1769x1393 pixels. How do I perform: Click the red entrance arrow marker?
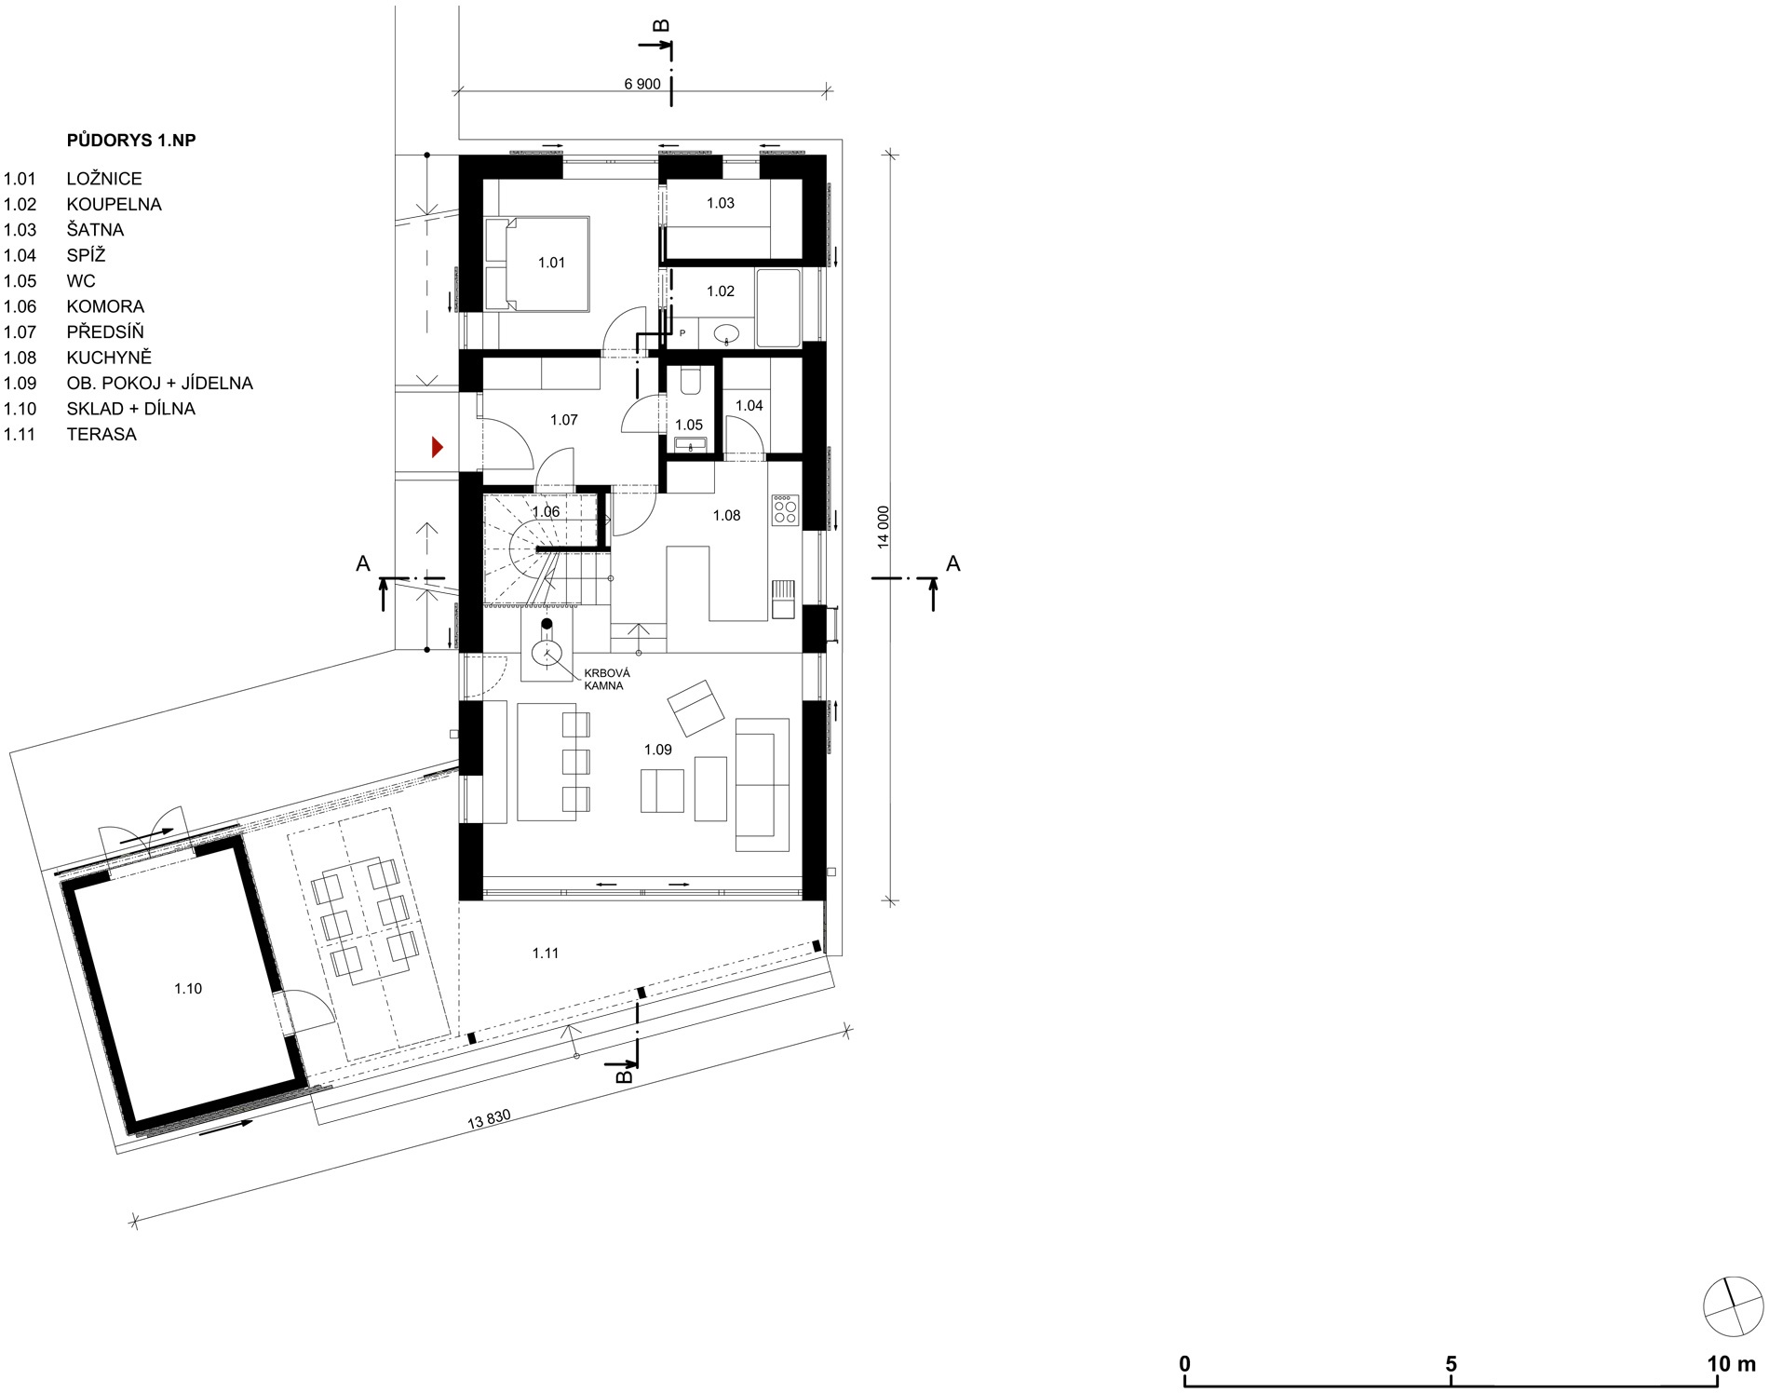click(x=437, y=448)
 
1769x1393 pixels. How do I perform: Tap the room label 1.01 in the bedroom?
click(x=551, y=263)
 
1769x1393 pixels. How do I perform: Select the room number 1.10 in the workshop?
click(x=188, y=989)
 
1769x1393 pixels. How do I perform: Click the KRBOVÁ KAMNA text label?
click(x=606, y=679)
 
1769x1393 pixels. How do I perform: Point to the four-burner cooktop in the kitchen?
click(x=785, y=509)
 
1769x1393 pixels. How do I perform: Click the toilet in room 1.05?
click(x=690, y=381)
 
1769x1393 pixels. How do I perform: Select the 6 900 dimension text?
click(x=641, y=85)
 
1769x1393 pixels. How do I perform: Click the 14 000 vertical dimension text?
click(x=884, y=527)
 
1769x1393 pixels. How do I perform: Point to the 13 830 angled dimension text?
click(x=490, y=1119)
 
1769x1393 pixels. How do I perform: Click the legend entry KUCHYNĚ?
click(x=109, y=358)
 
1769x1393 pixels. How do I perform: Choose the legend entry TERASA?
click(x=101, y=434)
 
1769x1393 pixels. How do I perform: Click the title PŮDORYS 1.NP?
click(x=131, y=141)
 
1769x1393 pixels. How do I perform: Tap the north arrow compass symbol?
click(x=1733, y=1306)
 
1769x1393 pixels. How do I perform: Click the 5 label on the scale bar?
click(x=1451, y=1364)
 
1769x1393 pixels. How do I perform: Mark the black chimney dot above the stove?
click(x=547, y=624)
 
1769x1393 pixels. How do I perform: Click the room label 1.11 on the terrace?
click(x=546, y=953)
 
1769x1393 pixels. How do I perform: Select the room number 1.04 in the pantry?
click(x=749, y=405)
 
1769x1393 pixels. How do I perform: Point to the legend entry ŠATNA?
click(x=95, y=230)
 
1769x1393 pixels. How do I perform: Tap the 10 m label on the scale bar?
click(x=1731, y=1364)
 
